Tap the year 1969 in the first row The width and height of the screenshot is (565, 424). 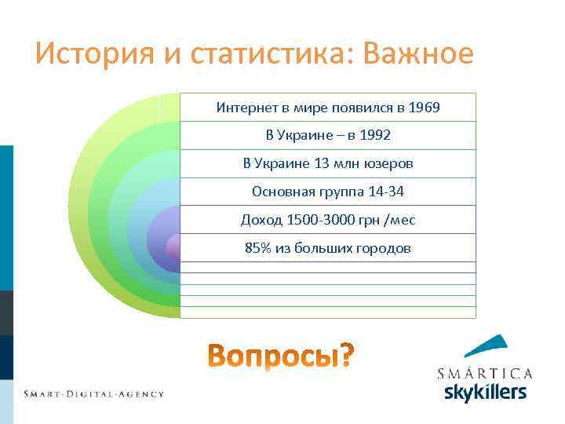[x=424, y=108]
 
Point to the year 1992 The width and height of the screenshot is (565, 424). [x=375, y=136]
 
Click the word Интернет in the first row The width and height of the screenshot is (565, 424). [x=244, y=108]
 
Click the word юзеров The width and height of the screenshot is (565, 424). [x=387, y=164]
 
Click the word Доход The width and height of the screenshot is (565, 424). [x=260, y=220]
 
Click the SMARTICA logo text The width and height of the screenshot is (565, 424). [x=484, y=373]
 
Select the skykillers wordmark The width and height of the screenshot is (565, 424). [x=484, y=392]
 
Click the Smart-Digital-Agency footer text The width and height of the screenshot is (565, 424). [x=93, y=393]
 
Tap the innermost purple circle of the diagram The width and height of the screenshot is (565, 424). [x=174, y=248]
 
